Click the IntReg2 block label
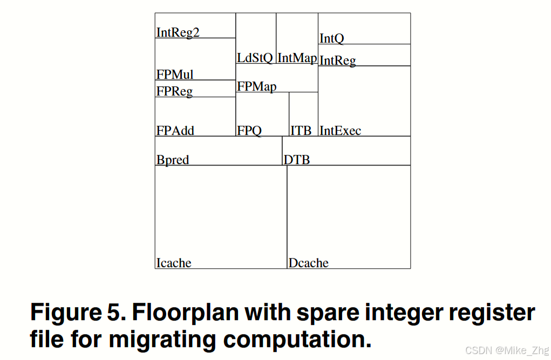178,32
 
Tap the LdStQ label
255,58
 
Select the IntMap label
296,58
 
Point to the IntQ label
331,38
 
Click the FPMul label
175,74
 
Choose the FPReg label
174,91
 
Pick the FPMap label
256,86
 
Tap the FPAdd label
175,130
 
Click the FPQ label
249,131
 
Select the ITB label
301,131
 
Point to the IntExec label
340,131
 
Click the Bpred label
173,160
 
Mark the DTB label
297,160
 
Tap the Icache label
173,263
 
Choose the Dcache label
308,263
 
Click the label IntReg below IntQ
337,60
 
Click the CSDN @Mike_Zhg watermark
499,350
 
